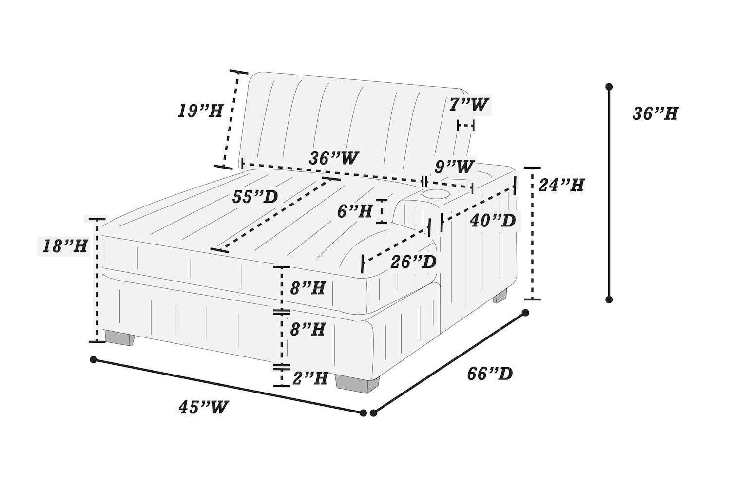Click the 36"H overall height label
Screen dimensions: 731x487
tap(655, 114)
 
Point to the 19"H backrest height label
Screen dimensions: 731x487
tap(200, 111)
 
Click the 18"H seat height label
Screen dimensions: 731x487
tap(65, 246)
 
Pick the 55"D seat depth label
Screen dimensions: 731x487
tap(255, 197)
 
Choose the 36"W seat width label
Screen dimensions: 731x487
tap(333, 158)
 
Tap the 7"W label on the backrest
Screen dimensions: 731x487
tap(469, 104)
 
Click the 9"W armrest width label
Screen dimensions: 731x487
tap(454, 167)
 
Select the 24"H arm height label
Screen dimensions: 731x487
tap(560, 185)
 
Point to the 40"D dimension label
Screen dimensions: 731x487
tap(493, 221)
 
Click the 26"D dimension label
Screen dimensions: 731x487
tap(413, 262)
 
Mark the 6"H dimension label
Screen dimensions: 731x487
tap(355, 212)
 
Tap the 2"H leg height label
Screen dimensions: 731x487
tap(309, 378)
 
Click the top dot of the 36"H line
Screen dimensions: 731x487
tap(609, 87)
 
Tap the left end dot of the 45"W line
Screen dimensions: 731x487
tap(94, 360)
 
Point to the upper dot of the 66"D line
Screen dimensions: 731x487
tap(525, 313)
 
